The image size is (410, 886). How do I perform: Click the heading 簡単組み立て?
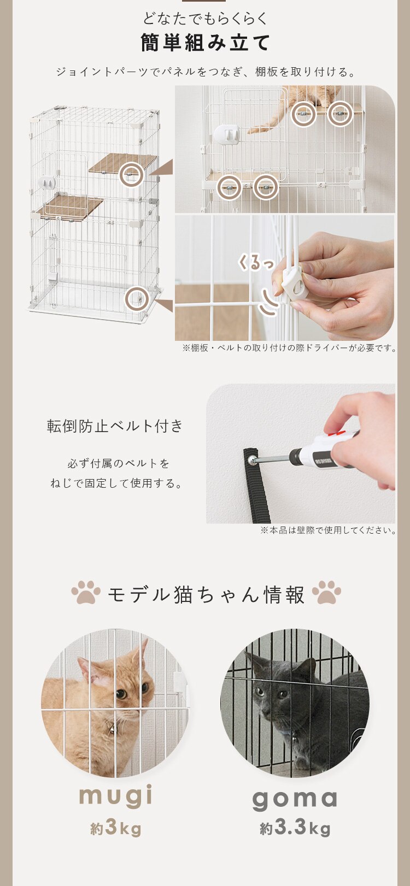point(205,43)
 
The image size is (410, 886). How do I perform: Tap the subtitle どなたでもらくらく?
point(205,19)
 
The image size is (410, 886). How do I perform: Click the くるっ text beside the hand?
point(255,262)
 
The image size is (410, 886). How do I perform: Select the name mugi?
point(116,796)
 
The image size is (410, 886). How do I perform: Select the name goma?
point(295,799)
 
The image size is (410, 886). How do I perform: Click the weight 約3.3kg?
point(295,828)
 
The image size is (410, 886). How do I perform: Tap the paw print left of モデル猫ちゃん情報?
point(86,593)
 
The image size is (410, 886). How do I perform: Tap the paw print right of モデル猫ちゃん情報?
point(326,593)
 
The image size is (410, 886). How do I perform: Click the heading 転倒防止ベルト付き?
point(115,426)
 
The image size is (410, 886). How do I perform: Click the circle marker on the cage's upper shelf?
point(131,175)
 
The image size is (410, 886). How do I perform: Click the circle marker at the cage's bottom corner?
point(137,299)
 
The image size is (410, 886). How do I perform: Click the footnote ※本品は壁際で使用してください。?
point(327,530)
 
